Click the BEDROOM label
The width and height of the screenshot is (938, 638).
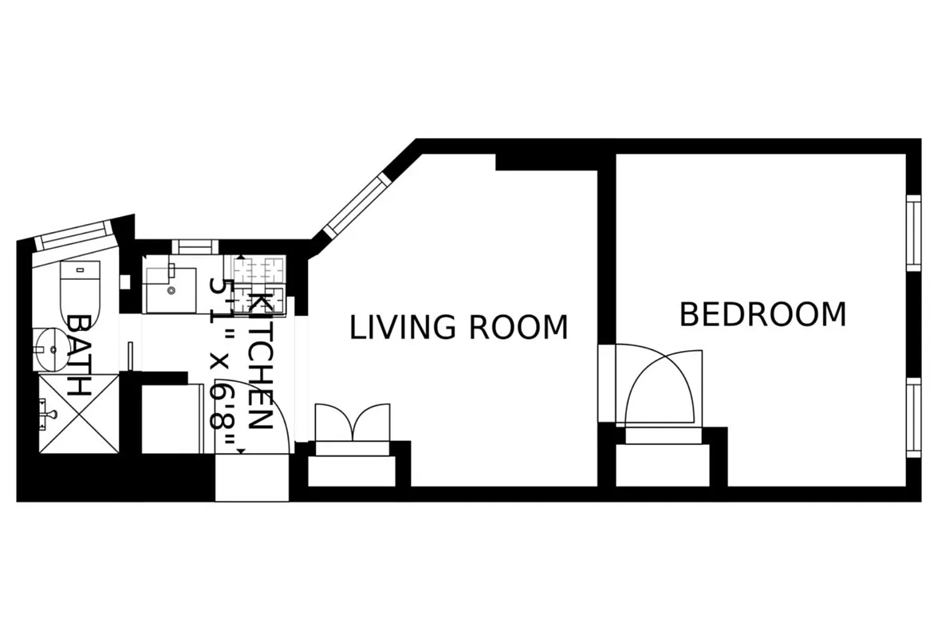click(762, 315)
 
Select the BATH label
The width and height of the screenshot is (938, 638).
click(78, 356)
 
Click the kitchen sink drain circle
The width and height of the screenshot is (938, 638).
click(171, 290)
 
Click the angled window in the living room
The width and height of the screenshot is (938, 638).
click(357, 204)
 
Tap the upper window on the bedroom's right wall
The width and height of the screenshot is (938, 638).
click(914, 231)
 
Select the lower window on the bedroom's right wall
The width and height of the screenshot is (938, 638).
click(914, 417)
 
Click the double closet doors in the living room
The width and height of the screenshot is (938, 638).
click(353, 423)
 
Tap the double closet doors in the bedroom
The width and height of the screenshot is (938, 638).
click(663, 387)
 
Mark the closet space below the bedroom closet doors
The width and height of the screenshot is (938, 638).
click(662, 464)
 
